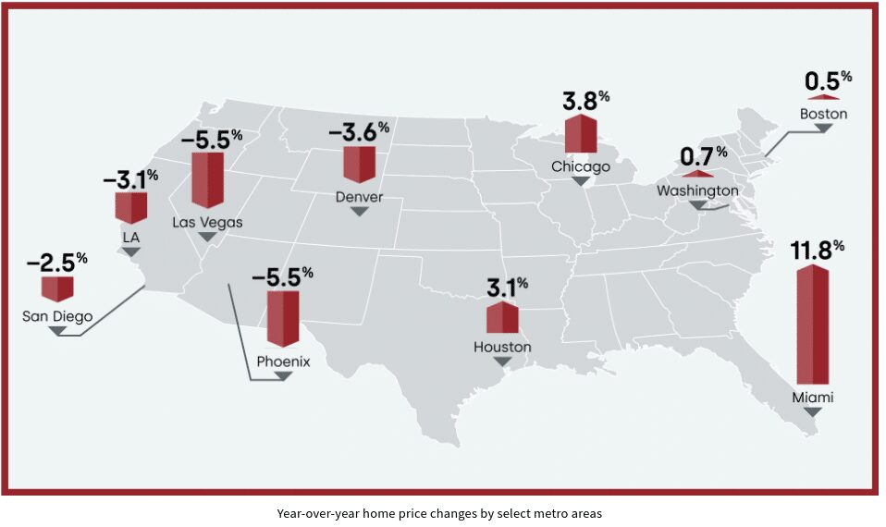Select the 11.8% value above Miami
817,250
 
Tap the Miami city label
813,398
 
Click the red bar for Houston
502,317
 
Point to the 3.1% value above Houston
508,288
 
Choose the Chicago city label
581,166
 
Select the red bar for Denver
359,163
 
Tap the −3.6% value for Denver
358,131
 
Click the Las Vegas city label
207,222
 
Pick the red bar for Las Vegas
207,178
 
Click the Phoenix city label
283,362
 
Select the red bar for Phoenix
283,317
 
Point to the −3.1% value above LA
130,178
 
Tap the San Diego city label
57,317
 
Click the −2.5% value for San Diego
56,262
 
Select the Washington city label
697,190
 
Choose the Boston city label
823,114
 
